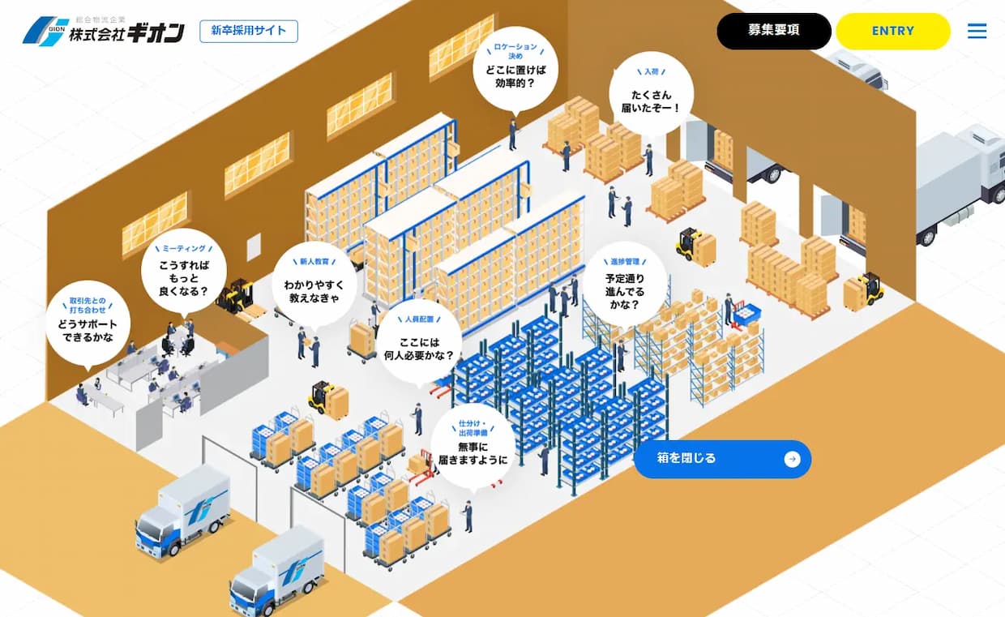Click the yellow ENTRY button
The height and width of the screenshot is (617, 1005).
(893, 31)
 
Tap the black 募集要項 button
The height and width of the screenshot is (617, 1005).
(774, 31)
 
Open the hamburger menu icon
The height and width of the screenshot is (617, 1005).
(977, 31)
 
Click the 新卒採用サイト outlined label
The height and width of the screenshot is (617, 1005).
(249, 31)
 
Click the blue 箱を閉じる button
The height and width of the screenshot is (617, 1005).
(722, 459)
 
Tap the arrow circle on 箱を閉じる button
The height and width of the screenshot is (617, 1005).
(793, 459)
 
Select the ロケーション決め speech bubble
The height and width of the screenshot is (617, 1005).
(515, 70)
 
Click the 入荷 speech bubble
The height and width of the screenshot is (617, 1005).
(651, 94)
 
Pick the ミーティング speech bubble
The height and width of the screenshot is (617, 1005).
(184, 272)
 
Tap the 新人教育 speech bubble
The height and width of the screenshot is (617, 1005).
(314, 285)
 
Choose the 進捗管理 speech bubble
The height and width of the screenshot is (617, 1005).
(625, 285)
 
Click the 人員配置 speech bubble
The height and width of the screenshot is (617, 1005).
(419, 344)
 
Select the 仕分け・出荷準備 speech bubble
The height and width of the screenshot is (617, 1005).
(473, 447)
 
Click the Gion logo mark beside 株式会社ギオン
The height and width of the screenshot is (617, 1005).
(45, 31)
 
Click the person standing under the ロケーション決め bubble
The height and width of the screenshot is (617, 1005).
(513, 134)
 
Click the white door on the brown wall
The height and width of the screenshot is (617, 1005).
(254, 249)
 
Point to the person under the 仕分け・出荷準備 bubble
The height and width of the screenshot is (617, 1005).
(468, 516)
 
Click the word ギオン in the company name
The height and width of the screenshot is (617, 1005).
(156, 32)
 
